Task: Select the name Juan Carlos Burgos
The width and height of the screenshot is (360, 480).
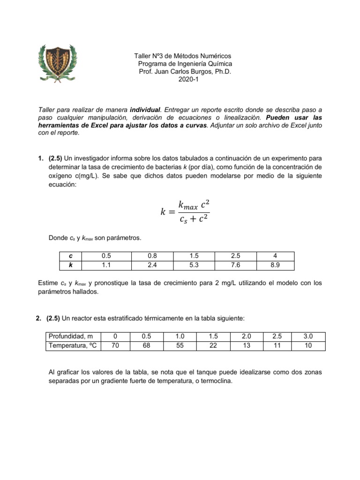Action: click(180, 72)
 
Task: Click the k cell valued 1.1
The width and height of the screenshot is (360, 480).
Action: click(105, 265)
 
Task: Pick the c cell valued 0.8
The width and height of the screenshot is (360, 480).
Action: click(153, 256)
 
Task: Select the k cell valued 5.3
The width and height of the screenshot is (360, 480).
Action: click(194, 265)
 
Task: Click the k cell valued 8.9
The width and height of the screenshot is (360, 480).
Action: click(276, 265)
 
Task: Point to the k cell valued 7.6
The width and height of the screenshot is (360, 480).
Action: click(235, 265)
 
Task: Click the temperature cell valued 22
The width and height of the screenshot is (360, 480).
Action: click(213, 346)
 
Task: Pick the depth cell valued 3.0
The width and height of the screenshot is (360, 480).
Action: click(307, 337)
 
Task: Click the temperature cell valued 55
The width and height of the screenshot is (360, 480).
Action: click(180, 346)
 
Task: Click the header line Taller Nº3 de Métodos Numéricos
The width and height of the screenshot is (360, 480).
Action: click(183, 56)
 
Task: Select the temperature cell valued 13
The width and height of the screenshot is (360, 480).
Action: click(247, 346)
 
